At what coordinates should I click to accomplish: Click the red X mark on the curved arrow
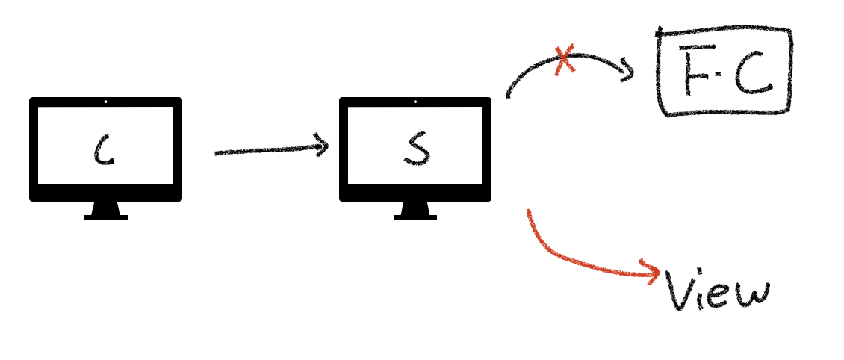click(565, 60)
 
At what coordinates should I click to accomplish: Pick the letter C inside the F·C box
click(751, 72)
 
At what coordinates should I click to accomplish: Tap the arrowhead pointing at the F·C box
click(629, 72)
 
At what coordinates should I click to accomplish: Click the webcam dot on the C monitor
click(105, 102)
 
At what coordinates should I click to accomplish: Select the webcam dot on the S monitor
click(415, 102)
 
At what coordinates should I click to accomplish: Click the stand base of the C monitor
click(105, 217)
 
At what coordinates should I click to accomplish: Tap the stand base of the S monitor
click(415, 217)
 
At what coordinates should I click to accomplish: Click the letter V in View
click(679, 291)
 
